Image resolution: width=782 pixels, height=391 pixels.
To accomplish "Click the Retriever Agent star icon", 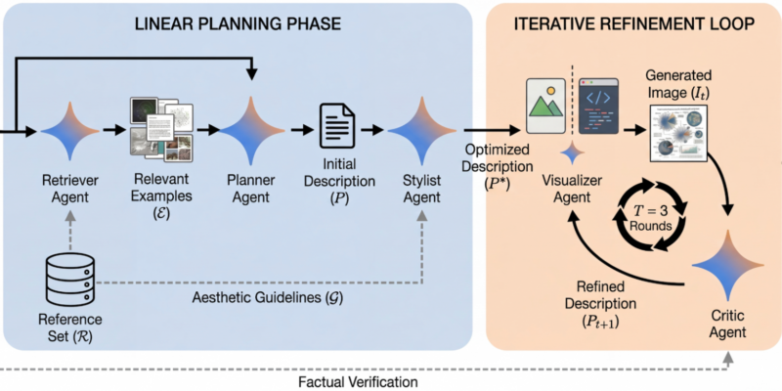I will [66, 130].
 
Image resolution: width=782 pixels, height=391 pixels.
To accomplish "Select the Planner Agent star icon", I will [252, 130].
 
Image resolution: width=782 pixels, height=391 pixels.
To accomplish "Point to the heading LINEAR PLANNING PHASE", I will [240, 22].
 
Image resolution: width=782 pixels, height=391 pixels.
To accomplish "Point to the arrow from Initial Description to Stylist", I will [372, 129].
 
